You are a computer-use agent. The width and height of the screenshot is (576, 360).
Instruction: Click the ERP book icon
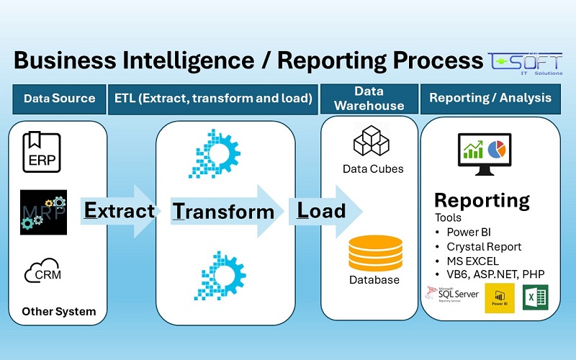[42, 153]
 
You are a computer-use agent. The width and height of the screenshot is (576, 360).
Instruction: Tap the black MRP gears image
[43, 212]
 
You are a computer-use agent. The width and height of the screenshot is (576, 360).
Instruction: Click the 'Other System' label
[59, 312]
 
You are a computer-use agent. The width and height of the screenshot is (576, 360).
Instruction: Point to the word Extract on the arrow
[120, 210]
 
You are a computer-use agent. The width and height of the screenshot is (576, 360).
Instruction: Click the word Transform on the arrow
[223, 211]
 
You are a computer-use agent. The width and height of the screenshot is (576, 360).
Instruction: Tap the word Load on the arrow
[322, 211]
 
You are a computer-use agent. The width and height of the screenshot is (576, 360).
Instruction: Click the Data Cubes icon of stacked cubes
[372, 140]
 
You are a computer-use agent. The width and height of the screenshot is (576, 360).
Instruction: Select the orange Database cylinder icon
[372, 251]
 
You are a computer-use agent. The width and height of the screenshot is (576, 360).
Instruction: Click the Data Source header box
[59, 98]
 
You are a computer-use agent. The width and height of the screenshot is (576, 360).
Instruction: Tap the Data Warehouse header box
[369, 99]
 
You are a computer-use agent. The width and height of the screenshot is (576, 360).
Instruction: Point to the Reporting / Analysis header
[490, 98]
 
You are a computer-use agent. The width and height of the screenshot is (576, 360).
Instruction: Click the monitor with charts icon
[482, 153]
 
